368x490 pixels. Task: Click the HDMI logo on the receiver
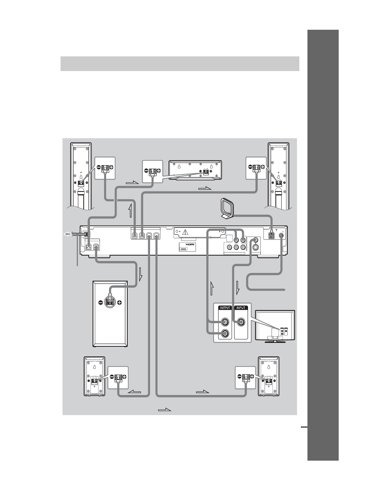(x=190, y=244)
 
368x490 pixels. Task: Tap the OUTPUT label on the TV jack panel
(x=225, y=308)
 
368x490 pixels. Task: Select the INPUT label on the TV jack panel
(x=241, y=308)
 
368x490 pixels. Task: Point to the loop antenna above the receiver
(x=226, y=209)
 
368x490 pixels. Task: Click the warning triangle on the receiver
(x=185, y=232)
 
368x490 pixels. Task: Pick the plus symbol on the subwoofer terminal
(x=120, y=303)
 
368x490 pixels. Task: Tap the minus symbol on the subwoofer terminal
(x=101, y=303)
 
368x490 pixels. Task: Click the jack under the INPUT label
(x=241, y=322)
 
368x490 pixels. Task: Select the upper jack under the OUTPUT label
(x=225, y=322)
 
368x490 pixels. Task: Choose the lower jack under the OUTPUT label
(x=225, y=334)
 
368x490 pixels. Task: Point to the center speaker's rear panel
(x=195, y=170)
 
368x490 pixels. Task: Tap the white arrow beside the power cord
(x=67, y=234)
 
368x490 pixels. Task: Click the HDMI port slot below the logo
(x=184, y=249)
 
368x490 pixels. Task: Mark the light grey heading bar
(x=180, y=64)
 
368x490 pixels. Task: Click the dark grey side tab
(x=323, y=245)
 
